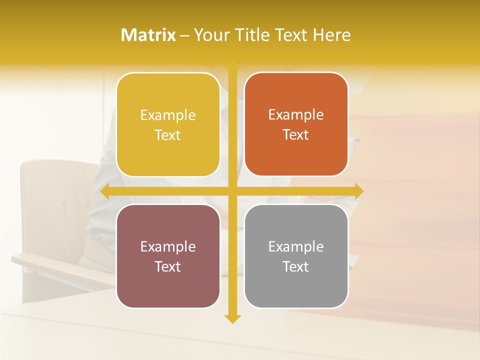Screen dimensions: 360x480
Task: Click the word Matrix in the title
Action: (148, 35)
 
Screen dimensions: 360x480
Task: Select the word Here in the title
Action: (332, 35)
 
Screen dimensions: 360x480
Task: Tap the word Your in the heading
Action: (211, 35)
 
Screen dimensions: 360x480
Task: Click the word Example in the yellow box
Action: (168, 115)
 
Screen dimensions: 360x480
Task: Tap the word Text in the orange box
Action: (296, 135)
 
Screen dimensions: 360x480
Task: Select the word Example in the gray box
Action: (296, 246)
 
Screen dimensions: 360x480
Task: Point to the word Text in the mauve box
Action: (168, 266)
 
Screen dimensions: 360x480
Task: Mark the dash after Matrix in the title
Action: (184, 35)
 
